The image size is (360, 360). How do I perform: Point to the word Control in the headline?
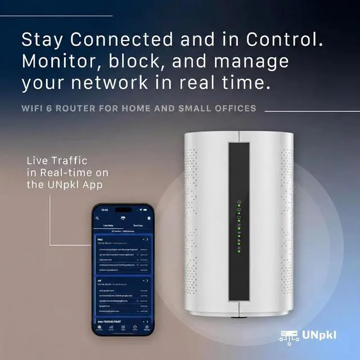(x=284, y=40)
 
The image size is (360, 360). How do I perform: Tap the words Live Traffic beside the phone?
(x=57, y=161)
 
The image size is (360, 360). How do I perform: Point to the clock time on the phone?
(x=105, y=210)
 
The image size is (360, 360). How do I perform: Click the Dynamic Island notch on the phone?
(x=123, y=210)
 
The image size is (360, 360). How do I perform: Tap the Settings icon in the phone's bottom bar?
(x=146, y=328)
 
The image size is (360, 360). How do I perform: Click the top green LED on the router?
(x=238, y=206)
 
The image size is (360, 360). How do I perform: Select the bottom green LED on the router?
(x=238, y=251)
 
